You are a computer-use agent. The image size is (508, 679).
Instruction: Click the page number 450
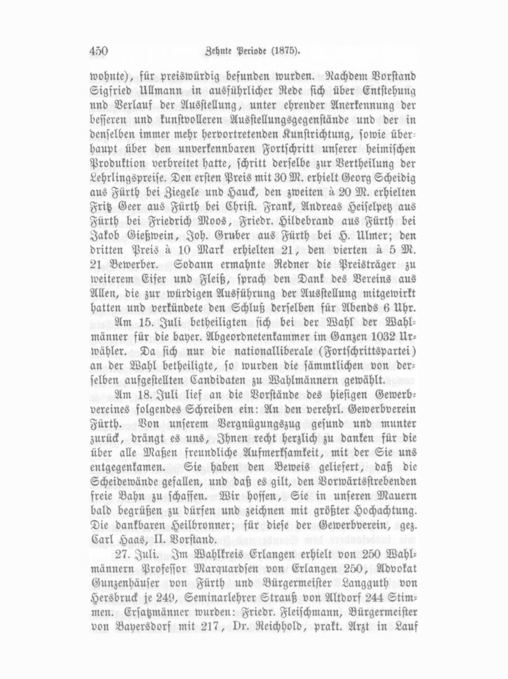pos(99,51)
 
